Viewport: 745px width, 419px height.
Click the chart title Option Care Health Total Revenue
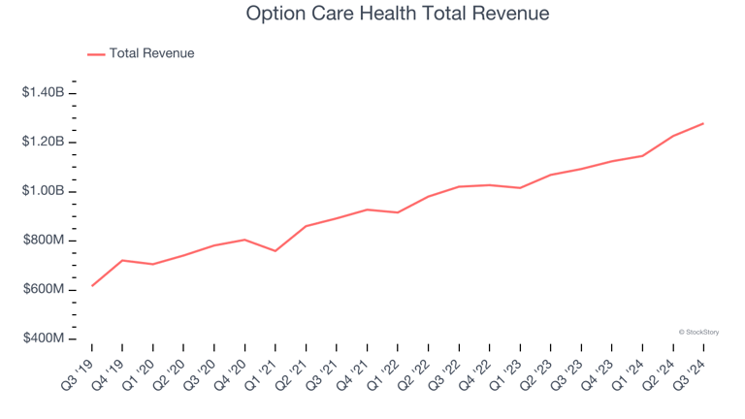click(x=397, y=15)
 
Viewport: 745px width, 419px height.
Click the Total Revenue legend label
click(x=151, y=53)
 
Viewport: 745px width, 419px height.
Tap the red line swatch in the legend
click(x=96, y=54)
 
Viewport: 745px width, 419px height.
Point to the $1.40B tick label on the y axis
click(x=44, y=93)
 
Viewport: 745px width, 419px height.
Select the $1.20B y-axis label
click(x=44, y=143)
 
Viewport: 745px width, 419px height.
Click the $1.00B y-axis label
click(x=44, y=191)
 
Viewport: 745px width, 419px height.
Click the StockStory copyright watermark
click(x=697, y=332)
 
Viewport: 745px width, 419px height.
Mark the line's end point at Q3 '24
click(x=703, y=123)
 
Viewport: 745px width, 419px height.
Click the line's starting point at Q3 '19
click(x=92, y=286)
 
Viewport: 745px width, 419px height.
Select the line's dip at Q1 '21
click(x=275, y=251)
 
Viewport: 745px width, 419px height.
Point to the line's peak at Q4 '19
click(x=122, y=260)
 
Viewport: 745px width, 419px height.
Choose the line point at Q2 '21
click(x=306, y=226)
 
